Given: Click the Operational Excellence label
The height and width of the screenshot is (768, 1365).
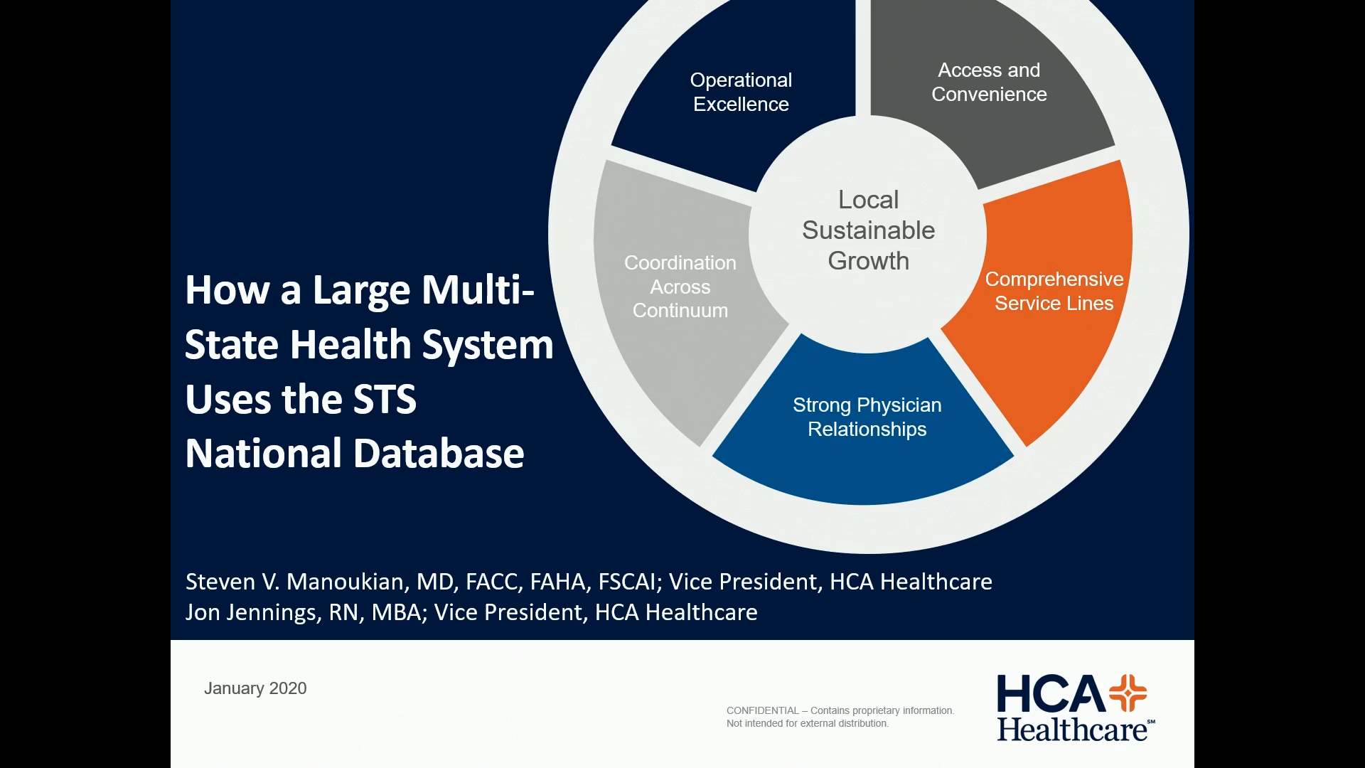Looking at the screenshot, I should [741, 92].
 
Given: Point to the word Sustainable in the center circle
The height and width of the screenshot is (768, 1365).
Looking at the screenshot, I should [868, 230].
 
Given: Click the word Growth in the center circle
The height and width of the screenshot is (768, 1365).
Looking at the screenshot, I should [868, 261].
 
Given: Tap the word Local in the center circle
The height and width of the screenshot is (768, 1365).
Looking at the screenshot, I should [868, 200].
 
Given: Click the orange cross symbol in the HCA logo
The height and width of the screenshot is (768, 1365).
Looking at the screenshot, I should [1128, 693].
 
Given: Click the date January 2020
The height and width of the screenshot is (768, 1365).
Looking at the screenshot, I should [255, 688].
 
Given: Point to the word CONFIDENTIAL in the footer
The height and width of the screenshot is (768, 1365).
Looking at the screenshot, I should [762, 710].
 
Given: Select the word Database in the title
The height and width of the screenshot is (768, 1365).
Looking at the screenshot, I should [439, 454].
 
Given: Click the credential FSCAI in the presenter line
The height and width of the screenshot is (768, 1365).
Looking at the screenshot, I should [626, 582].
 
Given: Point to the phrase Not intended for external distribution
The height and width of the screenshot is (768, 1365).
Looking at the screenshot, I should [807, 723].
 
